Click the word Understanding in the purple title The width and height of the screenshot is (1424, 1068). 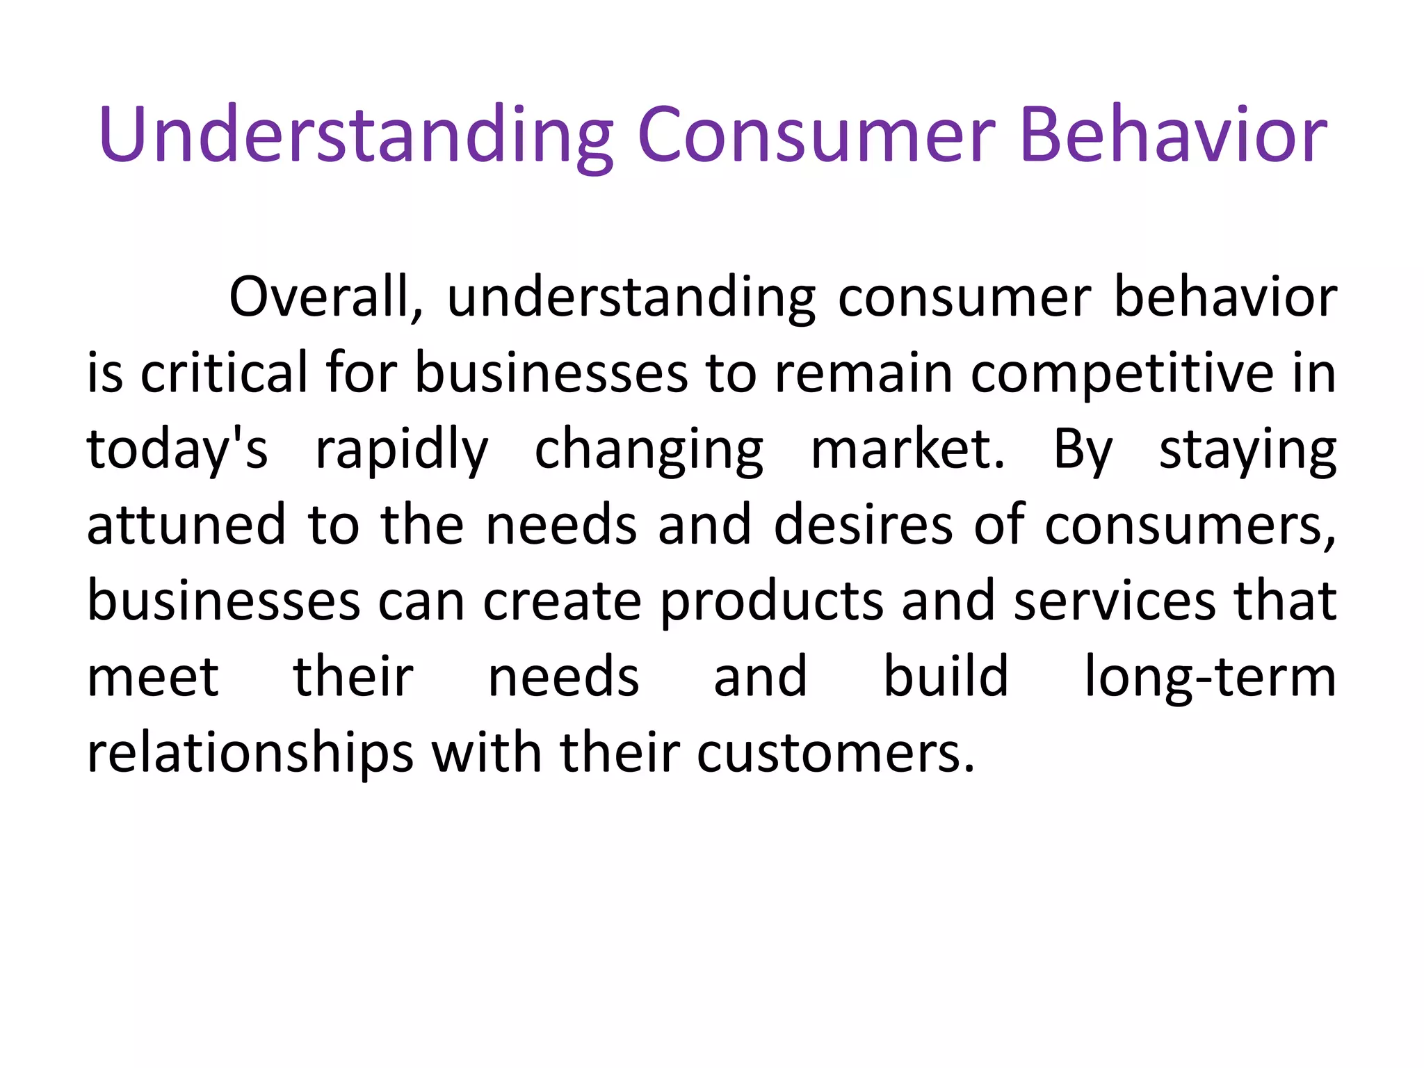click(x=355, y=136)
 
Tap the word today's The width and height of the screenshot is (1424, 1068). click(x=177, y=451)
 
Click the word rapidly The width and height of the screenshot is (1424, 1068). click(x=402, y=451)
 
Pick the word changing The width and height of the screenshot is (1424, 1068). click(x=649, y=451)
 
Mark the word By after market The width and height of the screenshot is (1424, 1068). click(x=1083, y=451)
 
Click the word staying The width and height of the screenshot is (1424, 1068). click(x=1247, y=451)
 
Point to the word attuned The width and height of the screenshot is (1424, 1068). click(x=186, y=525)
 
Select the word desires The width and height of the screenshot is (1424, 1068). click(x=863, y=525)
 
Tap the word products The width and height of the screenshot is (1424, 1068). click(x=771, y=602)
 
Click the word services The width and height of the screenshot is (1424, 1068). click(x=1115, y=601)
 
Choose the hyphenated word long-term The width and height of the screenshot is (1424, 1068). click(x=1210, y=678)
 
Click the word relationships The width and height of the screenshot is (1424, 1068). click(x=250, y=754)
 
